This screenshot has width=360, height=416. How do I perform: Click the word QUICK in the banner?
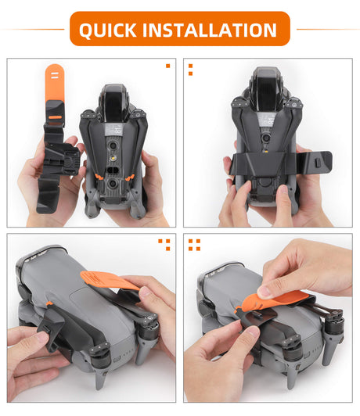pos(108,30)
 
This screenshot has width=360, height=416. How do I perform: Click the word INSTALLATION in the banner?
pos(210,30)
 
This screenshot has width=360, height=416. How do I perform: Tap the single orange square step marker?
pos(167,66)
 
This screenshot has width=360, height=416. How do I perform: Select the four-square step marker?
pos(194,245)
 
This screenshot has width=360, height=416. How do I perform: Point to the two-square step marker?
pos(190,70)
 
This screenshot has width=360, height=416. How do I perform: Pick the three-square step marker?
pos(164,245)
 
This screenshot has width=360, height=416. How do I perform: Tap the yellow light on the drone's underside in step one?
pos(113,159)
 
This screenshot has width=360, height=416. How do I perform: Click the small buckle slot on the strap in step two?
pos(317,163)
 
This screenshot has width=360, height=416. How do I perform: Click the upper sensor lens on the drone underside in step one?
pos(113,145)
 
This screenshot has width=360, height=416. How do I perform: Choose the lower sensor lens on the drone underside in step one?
pos(113,182)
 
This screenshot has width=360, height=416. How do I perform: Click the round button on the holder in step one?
pos(69,162)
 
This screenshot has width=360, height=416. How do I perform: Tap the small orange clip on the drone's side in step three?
pos(49,303)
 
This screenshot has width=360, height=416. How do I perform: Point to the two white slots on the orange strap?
pos(55,75)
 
